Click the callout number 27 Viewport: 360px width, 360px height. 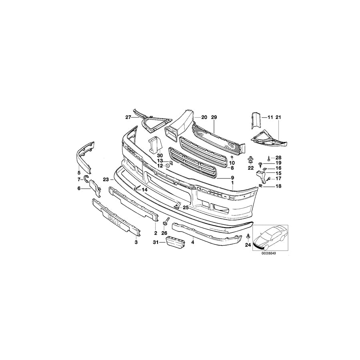tap(128, 117)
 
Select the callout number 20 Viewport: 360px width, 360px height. tap(204, 117)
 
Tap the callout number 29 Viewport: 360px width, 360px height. tap(214, 117)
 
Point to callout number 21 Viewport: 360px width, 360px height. tap(278, 117)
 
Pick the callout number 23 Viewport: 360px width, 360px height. tap(106, 180)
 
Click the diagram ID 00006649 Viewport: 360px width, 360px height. tap(269, 253)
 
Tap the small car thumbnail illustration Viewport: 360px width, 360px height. tap(270, 237)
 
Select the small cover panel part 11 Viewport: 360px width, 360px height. tap(254, 120)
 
